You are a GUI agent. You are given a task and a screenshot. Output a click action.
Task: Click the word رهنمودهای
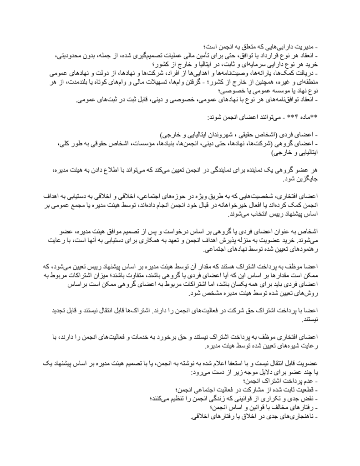(x=296, y=247)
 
